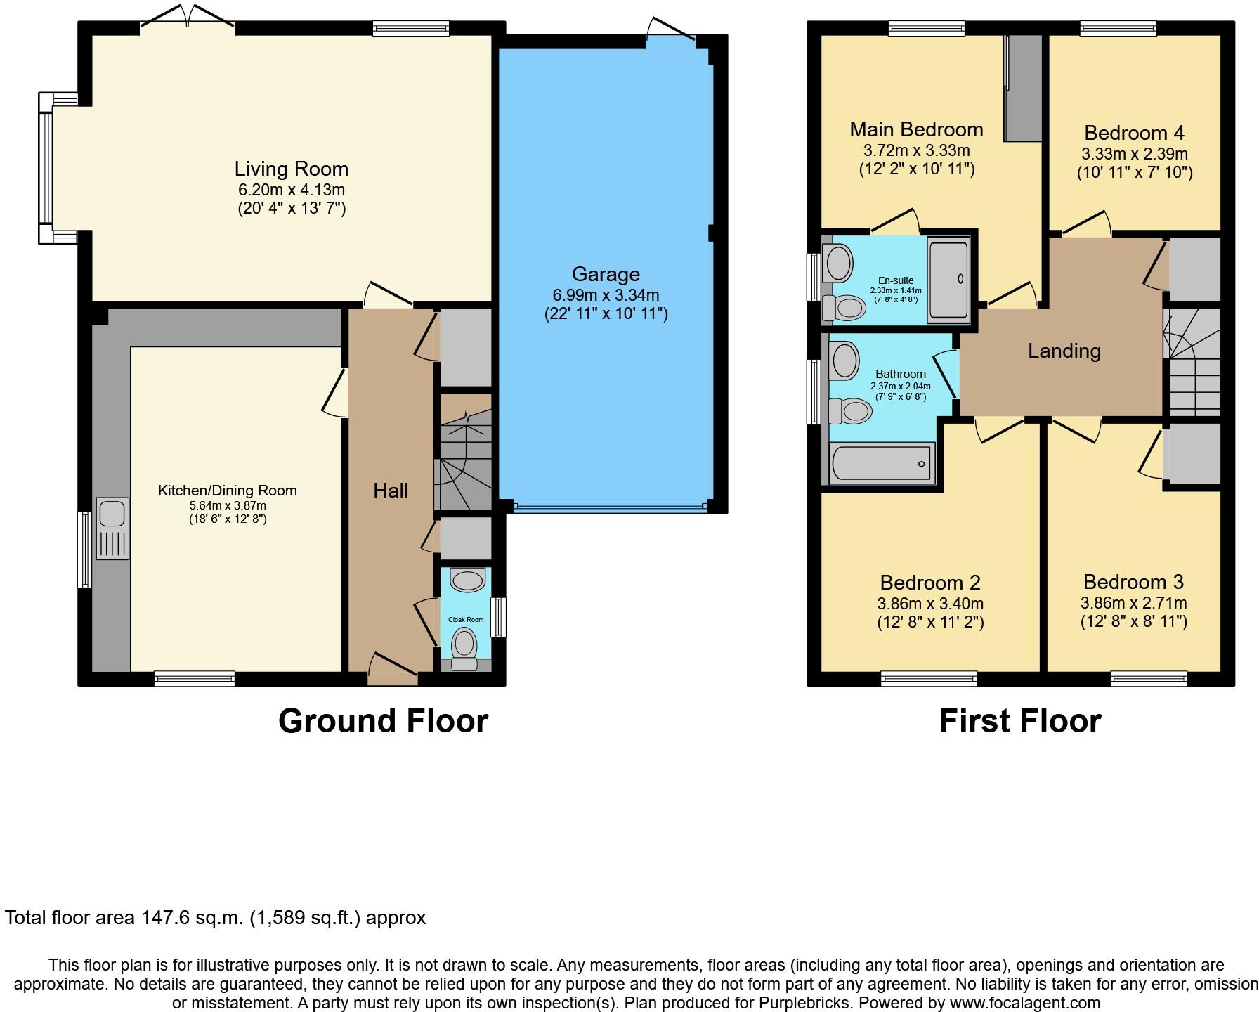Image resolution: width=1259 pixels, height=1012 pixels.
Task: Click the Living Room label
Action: tap(291, 169)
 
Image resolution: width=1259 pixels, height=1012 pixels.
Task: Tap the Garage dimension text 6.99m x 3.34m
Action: tap(606, 295)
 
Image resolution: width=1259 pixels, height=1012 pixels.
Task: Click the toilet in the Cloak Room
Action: tap(464, 648)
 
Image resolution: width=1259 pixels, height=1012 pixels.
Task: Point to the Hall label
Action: tap(391, 491)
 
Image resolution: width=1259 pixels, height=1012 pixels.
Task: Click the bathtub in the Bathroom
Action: tap(882, 463)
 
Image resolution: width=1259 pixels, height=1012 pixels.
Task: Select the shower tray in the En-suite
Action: tap(948, 280)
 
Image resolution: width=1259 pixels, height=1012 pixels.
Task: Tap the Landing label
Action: tap(1064, 351)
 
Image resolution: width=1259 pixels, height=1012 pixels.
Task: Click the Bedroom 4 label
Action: tap(1134, 132)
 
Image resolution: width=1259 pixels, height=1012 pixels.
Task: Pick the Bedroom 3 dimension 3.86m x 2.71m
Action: tap(1133, 603)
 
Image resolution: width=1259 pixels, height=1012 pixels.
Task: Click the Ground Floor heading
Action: tap(383, 721)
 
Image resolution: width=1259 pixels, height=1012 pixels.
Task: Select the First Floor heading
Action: tap(1020, 721)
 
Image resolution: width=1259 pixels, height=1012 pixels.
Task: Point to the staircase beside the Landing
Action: tap(1192, 363)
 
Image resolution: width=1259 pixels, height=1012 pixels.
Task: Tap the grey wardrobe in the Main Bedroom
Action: tap(1022, 88)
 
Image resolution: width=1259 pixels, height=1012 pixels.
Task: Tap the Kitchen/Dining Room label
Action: tap(227, 491)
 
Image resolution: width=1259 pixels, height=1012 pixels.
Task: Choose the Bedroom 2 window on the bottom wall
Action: tap(928, 679)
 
